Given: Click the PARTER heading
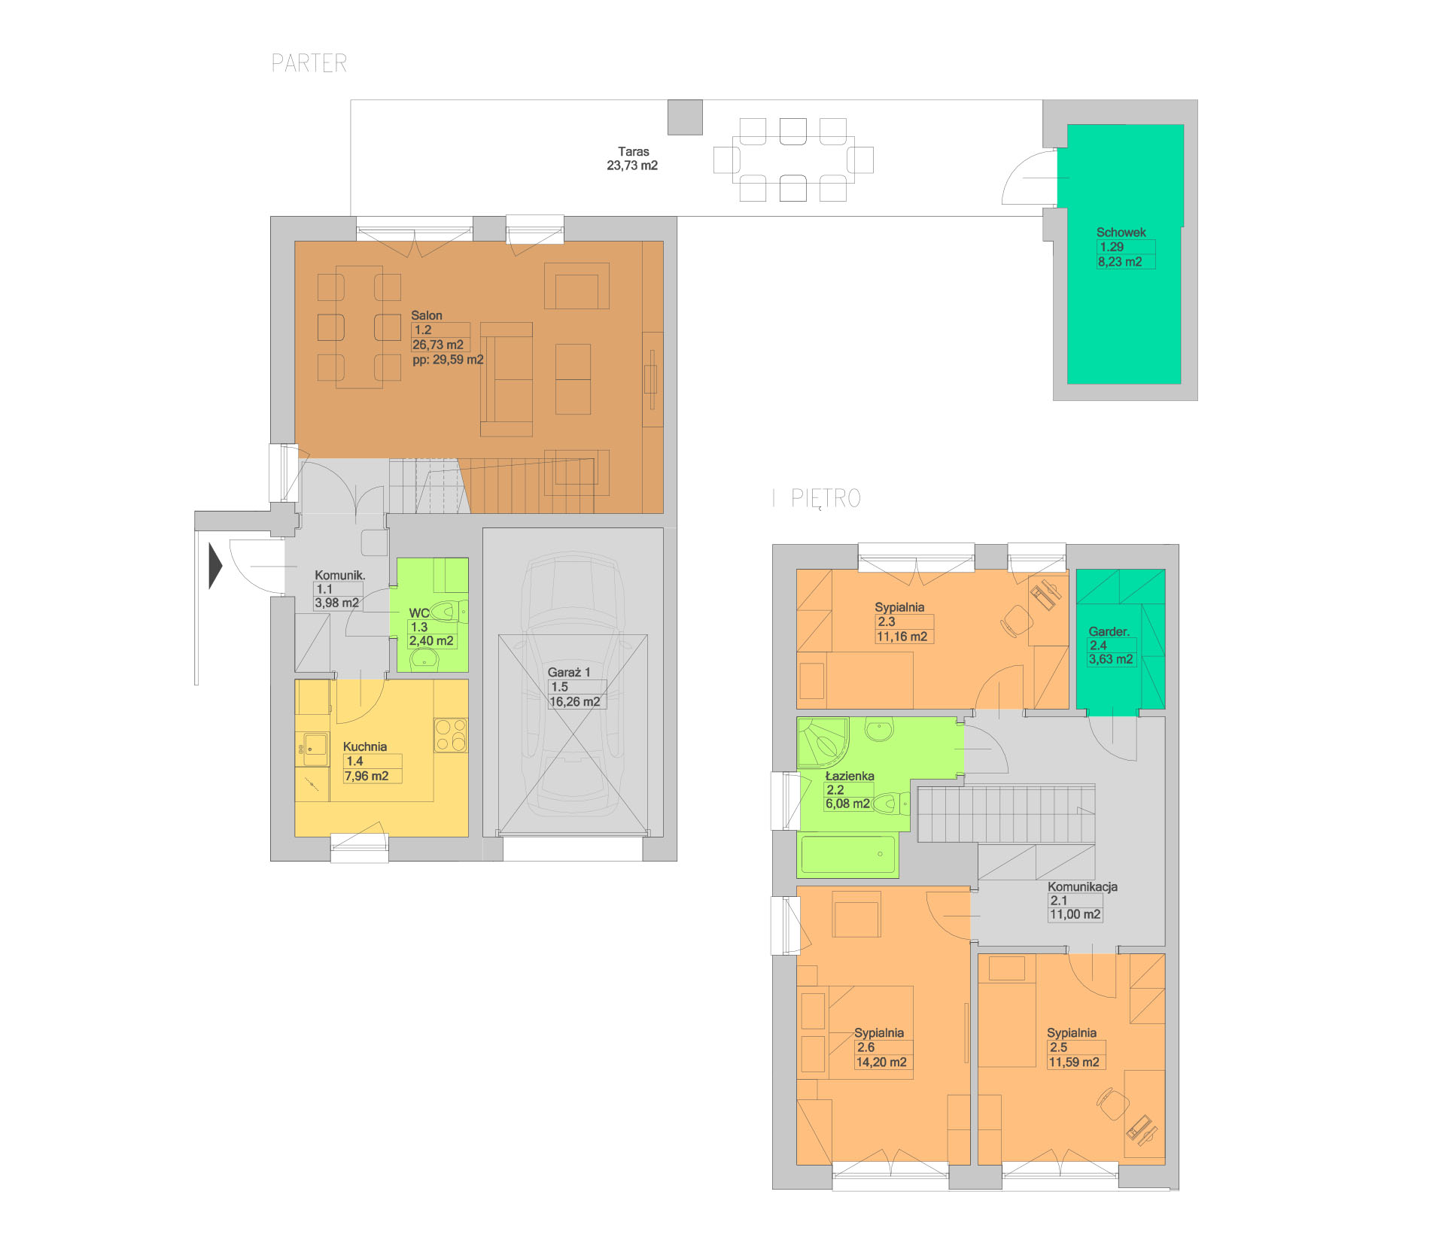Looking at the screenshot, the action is click(309, 63).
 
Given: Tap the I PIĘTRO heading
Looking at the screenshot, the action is click(817, 498).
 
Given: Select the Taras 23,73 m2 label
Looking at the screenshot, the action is click(633, 159).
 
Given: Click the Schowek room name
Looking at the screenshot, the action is click(1121, 233).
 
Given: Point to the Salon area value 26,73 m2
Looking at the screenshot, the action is click(438, 345).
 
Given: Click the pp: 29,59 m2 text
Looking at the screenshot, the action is click(448, 360).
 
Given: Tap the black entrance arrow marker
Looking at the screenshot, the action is click(215, 565).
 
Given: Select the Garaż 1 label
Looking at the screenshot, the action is click(569, 673).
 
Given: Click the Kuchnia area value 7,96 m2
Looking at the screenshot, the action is click(367, 776).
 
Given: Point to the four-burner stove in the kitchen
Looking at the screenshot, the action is click(450, 735).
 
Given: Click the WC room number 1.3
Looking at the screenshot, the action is click(419, 627).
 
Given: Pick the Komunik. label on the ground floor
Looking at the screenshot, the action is click(340, 576).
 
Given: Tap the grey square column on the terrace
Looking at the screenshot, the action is click(685, 117).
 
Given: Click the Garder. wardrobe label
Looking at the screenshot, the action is click(1109, 632).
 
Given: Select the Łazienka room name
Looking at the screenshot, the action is click(850, 776).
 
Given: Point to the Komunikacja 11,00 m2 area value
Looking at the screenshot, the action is click(1075, 914).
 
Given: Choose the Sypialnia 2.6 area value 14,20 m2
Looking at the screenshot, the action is click(881, 1062).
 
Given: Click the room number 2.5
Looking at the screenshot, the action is click(1058, 1047).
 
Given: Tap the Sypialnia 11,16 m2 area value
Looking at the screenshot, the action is click(902, 637).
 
